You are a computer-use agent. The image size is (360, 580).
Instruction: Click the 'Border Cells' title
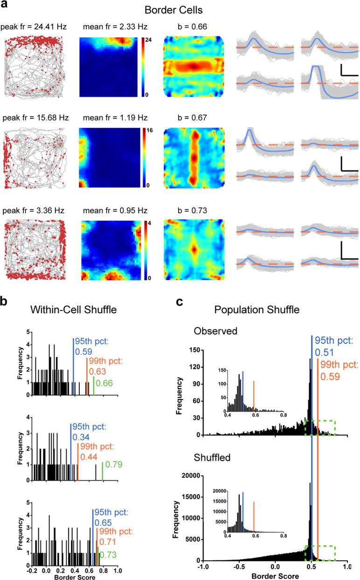(x=180, y=9)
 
